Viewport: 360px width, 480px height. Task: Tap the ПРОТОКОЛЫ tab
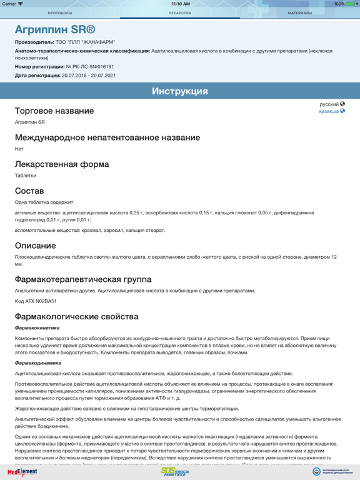tap(60, 13)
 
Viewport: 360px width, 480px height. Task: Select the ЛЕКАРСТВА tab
tap(180, 13)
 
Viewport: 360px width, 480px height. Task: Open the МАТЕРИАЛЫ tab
tap(300, 13)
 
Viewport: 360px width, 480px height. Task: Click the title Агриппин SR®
tap(55, 29)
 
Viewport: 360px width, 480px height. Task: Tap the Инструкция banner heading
tap(180, 91)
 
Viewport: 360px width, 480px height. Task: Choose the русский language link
tap(329, 104)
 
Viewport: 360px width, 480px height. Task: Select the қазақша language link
tap(329, 111)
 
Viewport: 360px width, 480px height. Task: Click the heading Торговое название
tap(54, 111)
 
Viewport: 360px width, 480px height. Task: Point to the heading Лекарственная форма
tap(62, 164)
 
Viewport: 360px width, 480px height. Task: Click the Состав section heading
tap(29, 191)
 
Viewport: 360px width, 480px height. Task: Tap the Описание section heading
tap(36, 246)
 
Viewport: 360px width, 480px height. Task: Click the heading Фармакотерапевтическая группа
tap(83, 279)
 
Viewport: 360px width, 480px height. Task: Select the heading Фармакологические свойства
tap(77, 317)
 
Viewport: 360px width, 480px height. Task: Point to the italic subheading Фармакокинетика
tap(37, 327)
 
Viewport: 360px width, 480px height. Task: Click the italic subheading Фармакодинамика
tap(38, 363)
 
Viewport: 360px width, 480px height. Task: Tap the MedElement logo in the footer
tap(22, 472)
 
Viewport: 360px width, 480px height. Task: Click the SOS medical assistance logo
tap(174, 472)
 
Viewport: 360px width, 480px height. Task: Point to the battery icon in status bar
tap(350, 4)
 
